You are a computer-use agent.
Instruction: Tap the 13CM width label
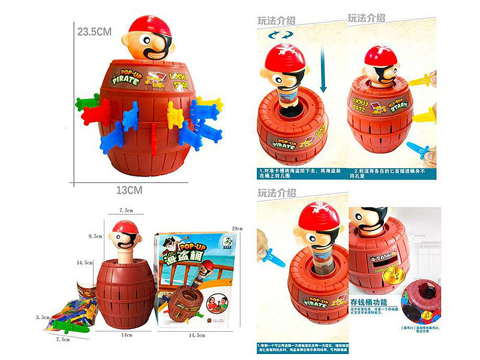pyautogui.click(x=129, y=190)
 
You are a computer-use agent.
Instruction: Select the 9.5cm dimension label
pyautogui.click(x=95, y=237)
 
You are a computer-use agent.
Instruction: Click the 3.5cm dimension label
pyautogui.click(x=41, y=316)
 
